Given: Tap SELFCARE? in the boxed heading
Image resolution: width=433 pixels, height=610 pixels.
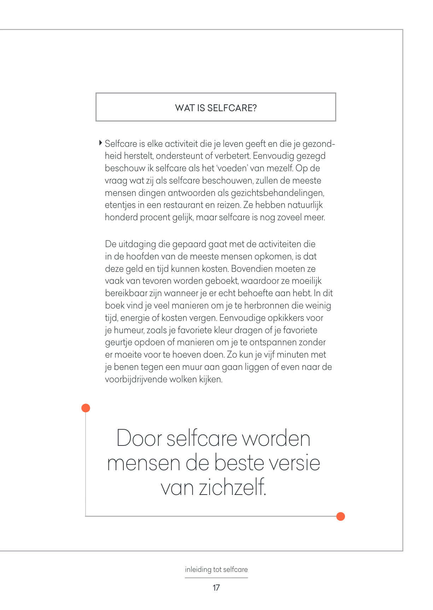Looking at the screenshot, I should pyautogui.click(x=232, y=108).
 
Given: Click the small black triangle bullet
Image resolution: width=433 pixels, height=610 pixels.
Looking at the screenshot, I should pyautogui.click(x=101, y=143).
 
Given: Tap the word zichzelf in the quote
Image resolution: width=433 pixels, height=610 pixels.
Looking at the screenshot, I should pyautogui.click(x=232, y=488).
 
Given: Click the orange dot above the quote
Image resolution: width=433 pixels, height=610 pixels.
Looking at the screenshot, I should pyautogui.click(x=86, y=408).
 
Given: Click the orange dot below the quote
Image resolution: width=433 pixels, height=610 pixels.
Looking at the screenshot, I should pyautogui.click(x=340, y=516).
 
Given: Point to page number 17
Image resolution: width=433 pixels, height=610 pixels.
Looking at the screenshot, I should pyautogui.click(x=216, y=588).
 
